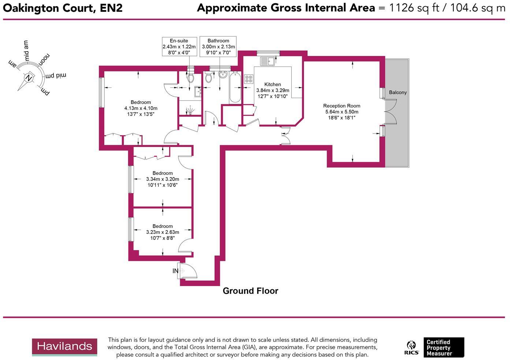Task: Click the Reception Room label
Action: click(341, 106)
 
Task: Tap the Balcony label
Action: click(398, 93)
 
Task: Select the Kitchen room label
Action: click(273, 85)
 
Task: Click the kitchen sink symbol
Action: click(267, 61)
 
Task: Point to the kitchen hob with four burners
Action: click(249, 79)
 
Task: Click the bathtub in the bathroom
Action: click(235, 88)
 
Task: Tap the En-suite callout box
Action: click(179, 46)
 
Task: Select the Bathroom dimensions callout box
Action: click(218, 46)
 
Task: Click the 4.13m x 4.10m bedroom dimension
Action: click(141, 108)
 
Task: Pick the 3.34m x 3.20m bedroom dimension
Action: click(162, 179)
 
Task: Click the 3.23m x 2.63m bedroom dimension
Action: click(162, 232)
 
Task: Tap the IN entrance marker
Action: click(176, 271)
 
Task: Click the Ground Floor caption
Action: click(251, 291)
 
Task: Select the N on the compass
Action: click(28, 78)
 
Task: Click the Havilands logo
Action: click(64, 347)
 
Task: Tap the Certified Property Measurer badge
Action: click(443, 348)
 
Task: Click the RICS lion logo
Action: click(412, 348)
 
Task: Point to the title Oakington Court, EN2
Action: click(63, 8)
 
